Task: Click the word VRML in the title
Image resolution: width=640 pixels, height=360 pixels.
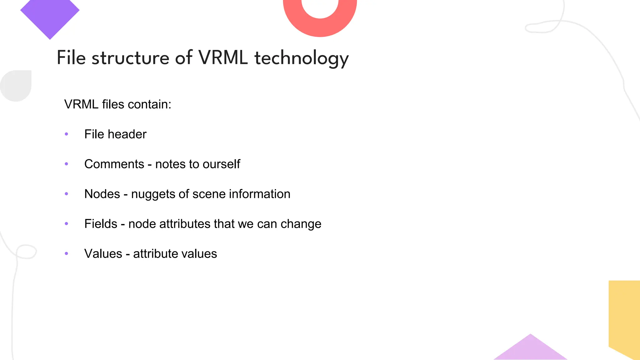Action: [223, 58]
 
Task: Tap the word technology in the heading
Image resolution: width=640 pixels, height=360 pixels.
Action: [301, 58]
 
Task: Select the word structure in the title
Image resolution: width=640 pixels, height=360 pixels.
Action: [130, 58]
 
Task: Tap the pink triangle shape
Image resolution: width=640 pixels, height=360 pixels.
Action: [530, 350]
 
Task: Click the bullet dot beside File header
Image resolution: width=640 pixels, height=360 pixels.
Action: [66, 134]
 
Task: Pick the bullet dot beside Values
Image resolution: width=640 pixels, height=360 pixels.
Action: [66, 253]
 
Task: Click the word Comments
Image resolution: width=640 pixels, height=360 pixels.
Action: [114, 164]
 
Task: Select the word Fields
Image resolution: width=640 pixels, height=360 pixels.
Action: [101, 224]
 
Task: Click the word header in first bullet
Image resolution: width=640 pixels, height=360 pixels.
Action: [127, 134]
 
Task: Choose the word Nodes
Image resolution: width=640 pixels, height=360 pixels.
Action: [102, 194]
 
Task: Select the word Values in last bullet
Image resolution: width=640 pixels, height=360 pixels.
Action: [103, 253]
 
